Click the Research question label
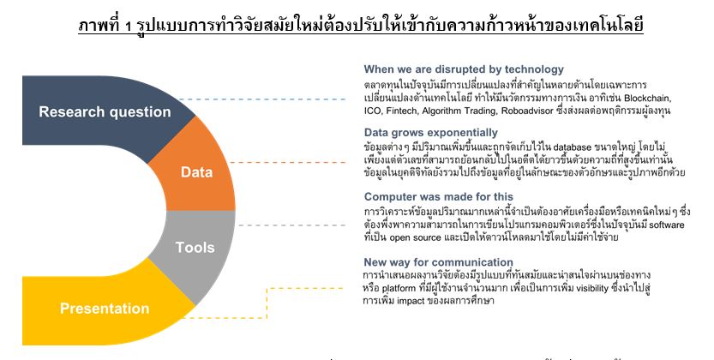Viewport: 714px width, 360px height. (x=105, y=111)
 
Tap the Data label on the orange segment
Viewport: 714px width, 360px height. (x=197, y=172)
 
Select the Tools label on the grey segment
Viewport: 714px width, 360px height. (x=195, y=247)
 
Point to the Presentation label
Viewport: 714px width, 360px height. (x=105, y=308)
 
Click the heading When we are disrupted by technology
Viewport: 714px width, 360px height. (x=464, y=69)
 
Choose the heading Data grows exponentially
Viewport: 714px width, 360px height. (x=431, y=133)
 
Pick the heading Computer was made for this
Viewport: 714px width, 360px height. (x=439, y=196)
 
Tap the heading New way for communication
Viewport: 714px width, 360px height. (x=438, y=262)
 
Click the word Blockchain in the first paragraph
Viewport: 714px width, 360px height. (x=646, y=99)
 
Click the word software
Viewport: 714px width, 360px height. (x=667, y=225)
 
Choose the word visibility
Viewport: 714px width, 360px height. (x=592, y=288)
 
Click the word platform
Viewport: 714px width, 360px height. (x=399, y=289)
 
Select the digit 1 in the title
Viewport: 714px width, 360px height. (x=129, y=27)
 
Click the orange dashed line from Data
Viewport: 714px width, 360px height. (x=288, y=162)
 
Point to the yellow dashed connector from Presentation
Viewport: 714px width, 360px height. (x=267, y=303)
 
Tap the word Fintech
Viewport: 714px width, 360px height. (x=402, y=111)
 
